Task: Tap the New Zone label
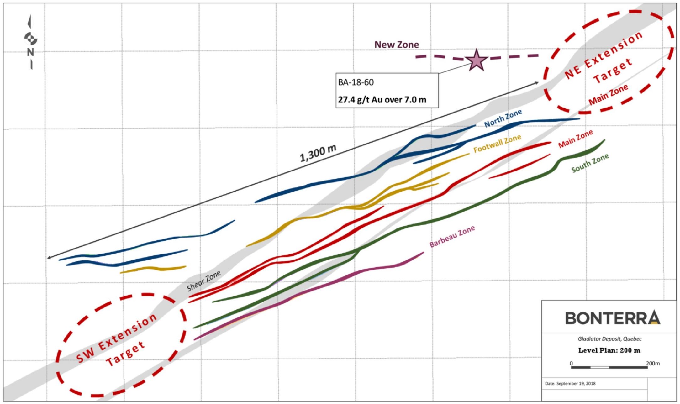[x=397, y=45]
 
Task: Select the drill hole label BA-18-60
[x=356, y=83]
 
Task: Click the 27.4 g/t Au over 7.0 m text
[x=382, y=100]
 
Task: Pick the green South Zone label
[x=590, y=163]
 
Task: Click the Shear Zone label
[x=204, y=281]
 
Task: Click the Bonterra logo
[x=613, y=318]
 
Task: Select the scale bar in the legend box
[x=609, y=367]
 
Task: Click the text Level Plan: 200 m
[x=609, y=350]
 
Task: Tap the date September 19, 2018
[x=570, y=383]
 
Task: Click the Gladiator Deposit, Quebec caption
[x=610, y=339]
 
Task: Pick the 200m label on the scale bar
[x=653, y=364]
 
